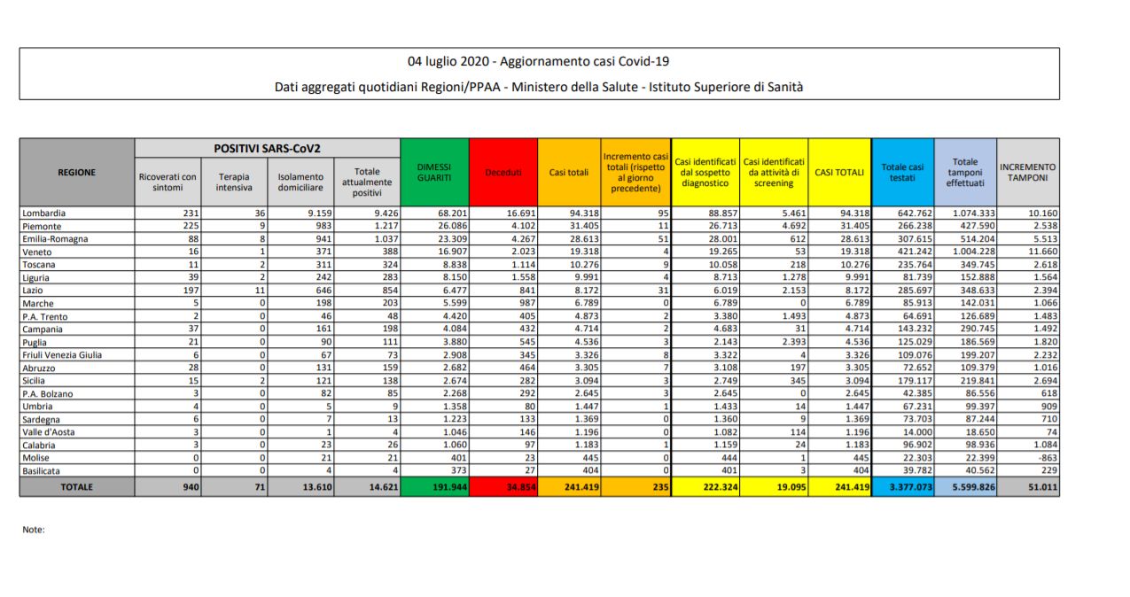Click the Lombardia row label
pos(43,213)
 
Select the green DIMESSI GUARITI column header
pos(434,173)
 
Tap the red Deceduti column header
pos(503,173)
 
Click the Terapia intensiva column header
pos(234,182)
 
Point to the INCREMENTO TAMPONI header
pos(1027,173)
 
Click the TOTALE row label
pos(77,487)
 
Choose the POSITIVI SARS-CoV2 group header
pos(267,148)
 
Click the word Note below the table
pos(33,530)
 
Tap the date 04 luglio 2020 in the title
pos(449,61)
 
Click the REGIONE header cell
pos(77,173)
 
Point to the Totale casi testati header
pos(902,173)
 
